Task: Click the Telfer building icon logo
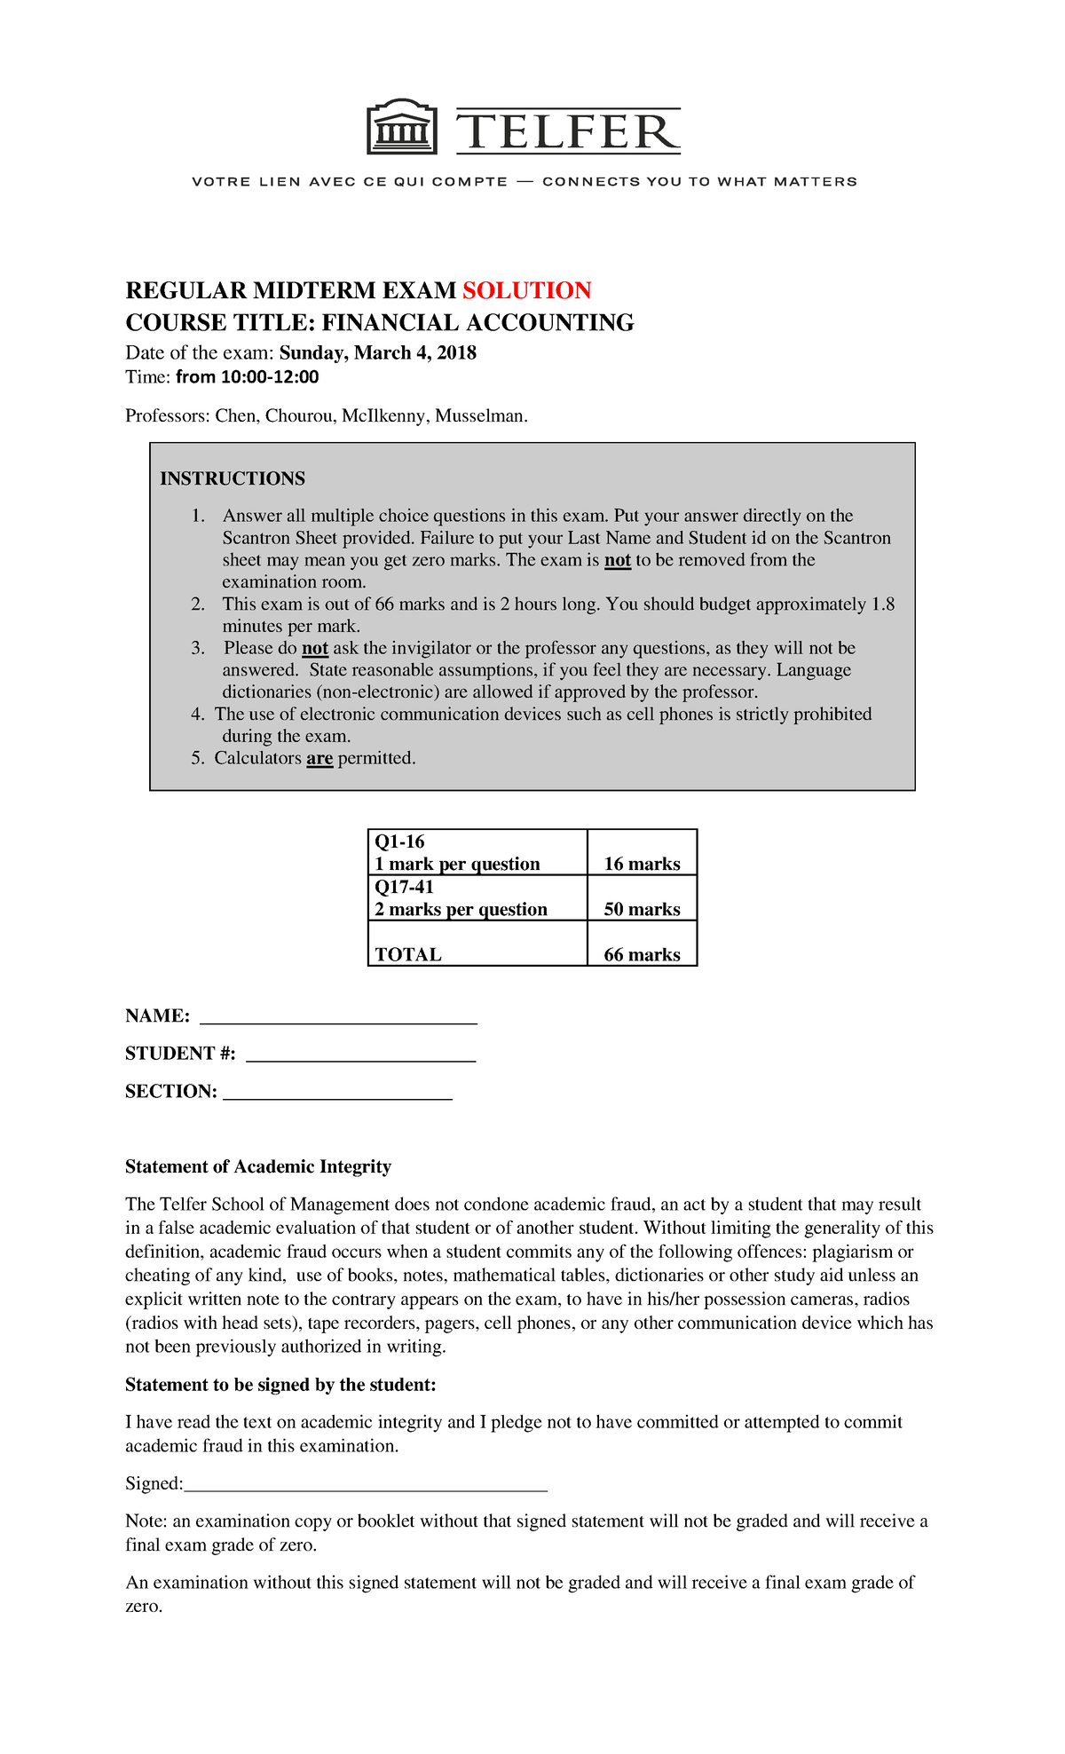coord(402,129)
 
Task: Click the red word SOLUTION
coord(526,291)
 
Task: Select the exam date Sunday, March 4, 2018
coord(377,353)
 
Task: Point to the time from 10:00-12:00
coord(247,377)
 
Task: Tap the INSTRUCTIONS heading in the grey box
coord(233,478)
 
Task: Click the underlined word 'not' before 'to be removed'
coord(617,560)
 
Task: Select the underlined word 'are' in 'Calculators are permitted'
coord(319,758)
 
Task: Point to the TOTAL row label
coord(407,954)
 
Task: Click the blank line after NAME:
coord(338,1019)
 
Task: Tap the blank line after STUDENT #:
coord(360,1056)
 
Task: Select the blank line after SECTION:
coord(337,1094)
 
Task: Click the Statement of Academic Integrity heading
coord(258,1166)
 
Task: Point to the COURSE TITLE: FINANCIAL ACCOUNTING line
coord(379,322)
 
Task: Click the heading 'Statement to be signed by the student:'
coord(280,1385)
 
